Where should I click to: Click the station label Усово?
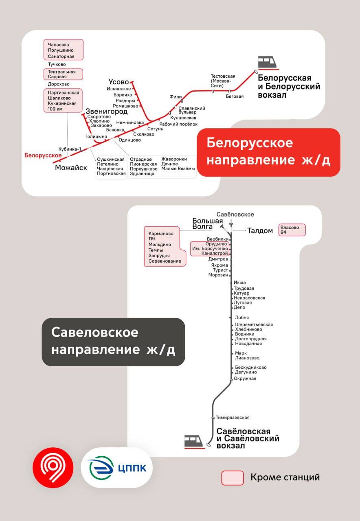(119, 82)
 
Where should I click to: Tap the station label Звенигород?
(106, 111)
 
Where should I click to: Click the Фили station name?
(176, 97)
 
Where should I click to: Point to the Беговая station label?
(235, 96)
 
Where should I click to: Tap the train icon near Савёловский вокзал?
(194, 441)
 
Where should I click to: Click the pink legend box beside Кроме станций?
(233, 478)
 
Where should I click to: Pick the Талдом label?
(260, 231)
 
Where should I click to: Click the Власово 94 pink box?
(292, 230)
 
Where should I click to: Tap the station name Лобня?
(242, 317)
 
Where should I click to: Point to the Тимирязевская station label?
(233, 417)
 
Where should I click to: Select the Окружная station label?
(245, 379)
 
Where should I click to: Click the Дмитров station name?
(218, 259)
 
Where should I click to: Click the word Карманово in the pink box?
(161, 234)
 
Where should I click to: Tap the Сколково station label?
(143, 134)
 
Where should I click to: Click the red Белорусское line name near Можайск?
(43, 155)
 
